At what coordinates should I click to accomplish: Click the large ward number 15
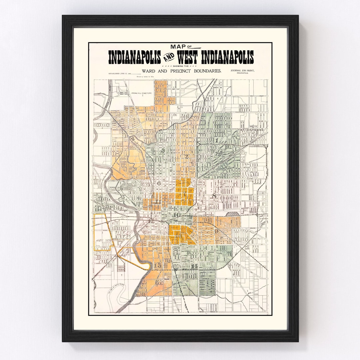(157, 265)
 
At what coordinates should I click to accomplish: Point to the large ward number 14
(194, 267)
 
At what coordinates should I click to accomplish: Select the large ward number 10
(176, 215)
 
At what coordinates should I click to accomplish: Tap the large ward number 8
(214, 196)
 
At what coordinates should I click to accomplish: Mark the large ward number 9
(216, 231)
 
